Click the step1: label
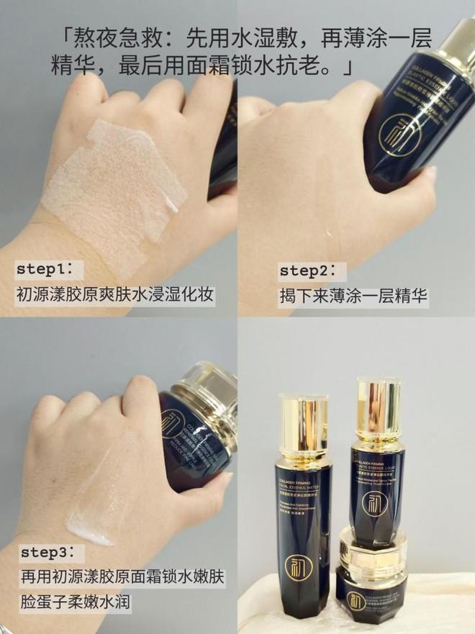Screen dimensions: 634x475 tap(50, 269)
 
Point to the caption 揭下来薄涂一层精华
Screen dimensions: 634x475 tap(353, 295)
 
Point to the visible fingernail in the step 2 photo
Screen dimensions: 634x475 tap(430, 172)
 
